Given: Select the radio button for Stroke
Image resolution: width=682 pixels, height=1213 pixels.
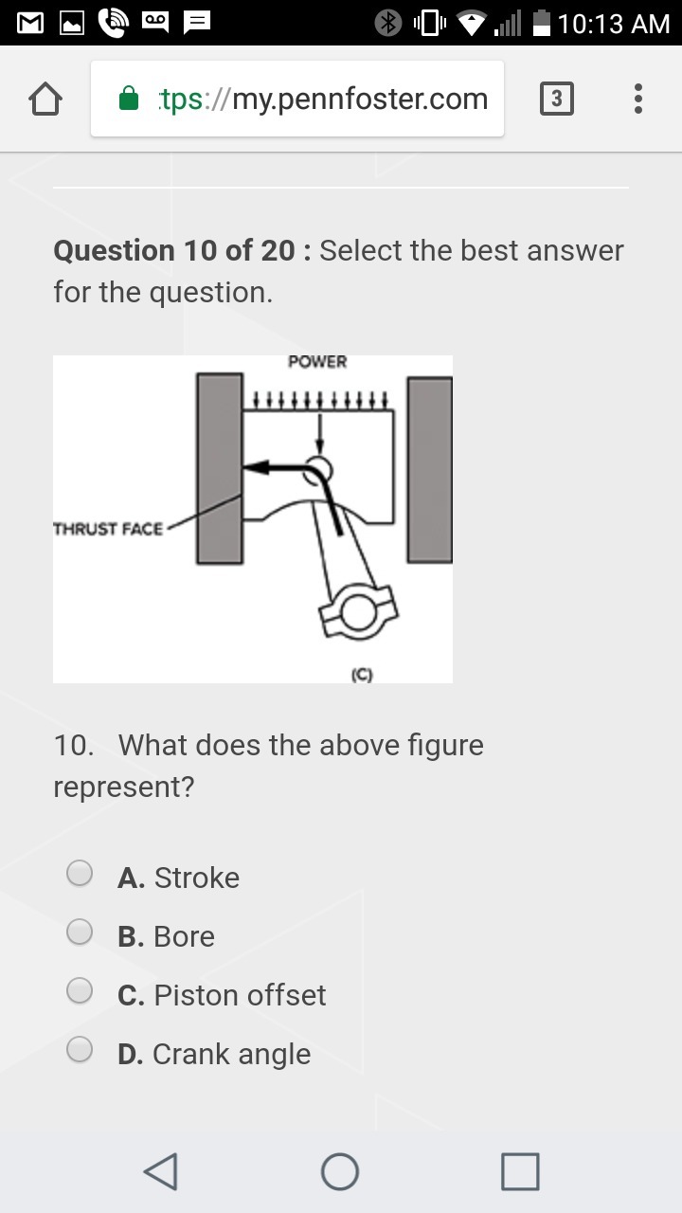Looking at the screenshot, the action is [80, 873].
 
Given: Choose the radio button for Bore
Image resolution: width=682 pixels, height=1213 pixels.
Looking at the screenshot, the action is [80, 932].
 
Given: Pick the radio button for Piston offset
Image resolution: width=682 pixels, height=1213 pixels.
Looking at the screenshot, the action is [80, 990].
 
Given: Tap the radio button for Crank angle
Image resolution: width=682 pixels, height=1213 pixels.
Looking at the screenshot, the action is [80, 1049].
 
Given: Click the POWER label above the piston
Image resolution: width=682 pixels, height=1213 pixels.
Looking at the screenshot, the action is [317, 362].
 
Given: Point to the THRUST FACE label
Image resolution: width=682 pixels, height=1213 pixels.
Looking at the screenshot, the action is [108, 529].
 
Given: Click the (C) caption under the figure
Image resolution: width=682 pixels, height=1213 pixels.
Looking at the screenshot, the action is [362, 675].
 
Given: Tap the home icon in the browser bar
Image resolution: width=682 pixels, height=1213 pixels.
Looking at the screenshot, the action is [45, 99].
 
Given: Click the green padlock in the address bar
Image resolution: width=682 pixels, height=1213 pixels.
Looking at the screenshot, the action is [129, 98].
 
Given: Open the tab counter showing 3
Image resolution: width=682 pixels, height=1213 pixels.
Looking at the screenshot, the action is [557, 99].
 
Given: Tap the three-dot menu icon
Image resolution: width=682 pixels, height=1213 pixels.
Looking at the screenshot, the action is [638, 99].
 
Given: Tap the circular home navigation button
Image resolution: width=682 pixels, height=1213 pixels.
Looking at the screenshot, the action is [340, 1172].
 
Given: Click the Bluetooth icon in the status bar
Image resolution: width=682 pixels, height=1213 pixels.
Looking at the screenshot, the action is [388, 24].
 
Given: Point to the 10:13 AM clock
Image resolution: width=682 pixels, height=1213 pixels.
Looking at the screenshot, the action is [614, 24].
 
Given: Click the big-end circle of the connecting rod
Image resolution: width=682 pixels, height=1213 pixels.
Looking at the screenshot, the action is [358, 612].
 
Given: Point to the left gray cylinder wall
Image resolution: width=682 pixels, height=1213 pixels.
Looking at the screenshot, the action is [219, 468].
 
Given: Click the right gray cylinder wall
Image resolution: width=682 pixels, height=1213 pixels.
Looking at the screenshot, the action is [430, 469].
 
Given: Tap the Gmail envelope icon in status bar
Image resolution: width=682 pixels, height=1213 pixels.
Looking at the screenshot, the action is [30, 24].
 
